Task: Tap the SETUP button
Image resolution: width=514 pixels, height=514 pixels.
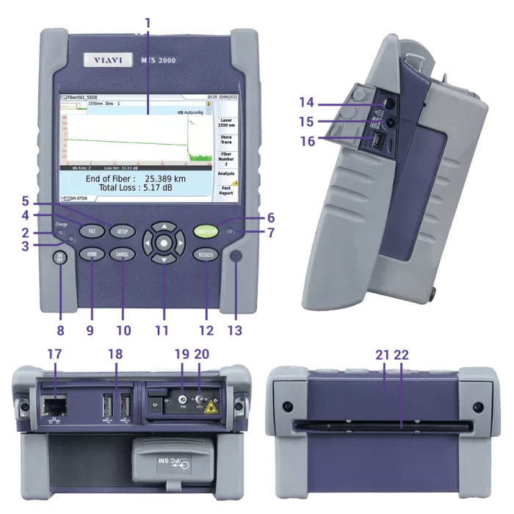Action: pyautogui.click(x=122, y=231)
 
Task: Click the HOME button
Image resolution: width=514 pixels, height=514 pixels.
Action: pyautogui.click(x=93, y=254)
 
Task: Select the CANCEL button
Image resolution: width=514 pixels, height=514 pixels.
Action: pyautogui.click(x=122, y=254)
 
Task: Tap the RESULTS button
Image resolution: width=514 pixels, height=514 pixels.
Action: pyautogui.click(x=206, y=254)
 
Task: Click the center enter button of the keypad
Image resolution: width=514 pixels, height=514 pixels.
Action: pyautogui.click(x=164, y=242)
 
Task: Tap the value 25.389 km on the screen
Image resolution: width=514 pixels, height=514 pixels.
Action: pyautogui.click(x=166, y=178)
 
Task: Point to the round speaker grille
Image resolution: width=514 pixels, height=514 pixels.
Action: pyautogui.click(x=236, y=258)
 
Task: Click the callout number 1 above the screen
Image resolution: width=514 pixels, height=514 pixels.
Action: pyautogui.click(x=148, y=22)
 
